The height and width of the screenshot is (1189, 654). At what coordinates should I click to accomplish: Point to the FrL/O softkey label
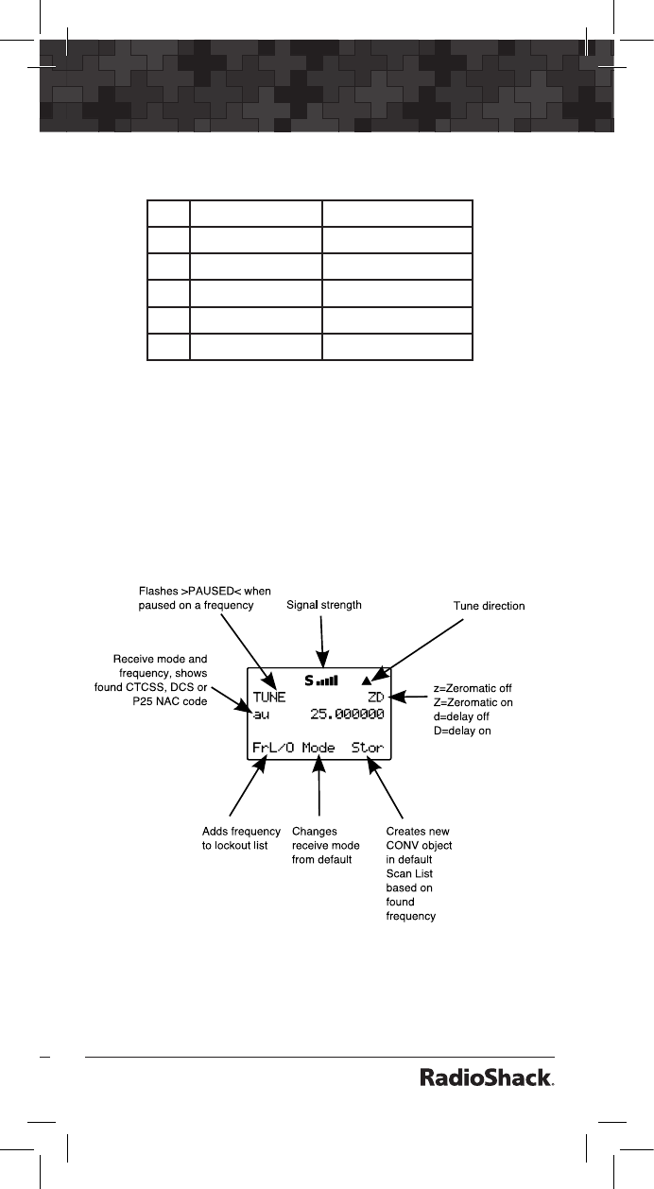click(x=272, y=748)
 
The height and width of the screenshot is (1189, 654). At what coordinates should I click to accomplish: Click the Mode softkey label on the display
click(x=318, y=748)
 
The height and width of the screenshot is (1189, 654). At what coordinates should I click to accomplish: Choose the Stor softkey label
click(x=368, y=748)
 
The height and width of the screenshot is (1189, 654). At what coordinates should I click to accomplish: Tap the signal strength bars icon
click(x=328, y=680)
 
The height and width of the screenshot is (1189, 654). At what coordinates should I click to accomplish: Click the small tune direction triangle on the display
click(x=368, y=680)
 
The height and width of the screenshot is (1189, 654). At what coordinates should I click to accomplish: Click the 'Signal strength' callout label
click(x=323, y=604)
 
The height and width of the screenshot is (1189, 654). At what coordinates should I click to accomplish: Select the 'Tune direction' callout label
click(x=489, y=606)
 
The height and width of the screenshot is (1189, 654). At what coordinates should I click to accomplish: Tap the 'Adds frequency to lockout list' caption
click(x=241, y=838)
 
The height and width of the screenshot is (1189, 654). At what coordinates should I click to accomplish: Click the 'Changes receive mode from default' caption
click(x=326, y=845)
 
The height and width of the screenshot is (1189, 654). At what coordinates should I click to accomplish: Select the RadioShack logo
click(x=486, y=1078)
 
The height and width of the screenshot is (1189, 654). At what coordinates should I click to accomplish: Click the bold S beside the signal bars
click(x=308, y=679)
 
